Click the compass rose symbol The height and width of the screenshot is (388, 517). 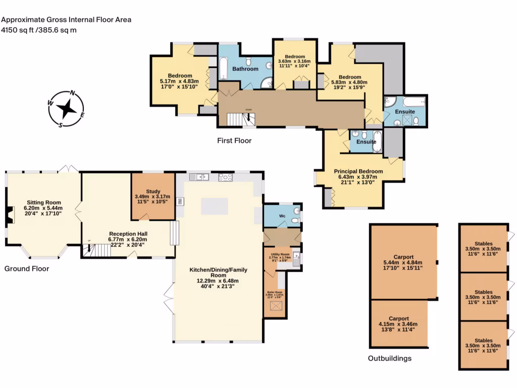[66, 109]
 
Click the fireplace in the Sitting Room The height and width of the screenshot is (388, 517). [9, 215]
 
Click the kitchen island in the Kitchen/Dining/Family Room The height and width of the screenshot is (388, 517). [214, 206]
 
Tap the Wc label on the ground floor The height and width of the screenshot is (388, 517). [283, 216]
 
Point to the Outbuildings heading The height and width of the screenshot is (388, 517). [389, 359]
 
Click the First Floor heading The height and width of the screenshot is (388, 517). [234, 140]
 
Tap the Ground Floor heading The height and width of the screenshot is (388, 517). [27, 269]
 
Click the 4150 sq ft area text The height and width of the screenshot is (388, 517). [39, 30]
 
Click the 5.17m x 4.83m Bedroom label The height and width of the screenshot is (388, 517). [179, 81]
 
